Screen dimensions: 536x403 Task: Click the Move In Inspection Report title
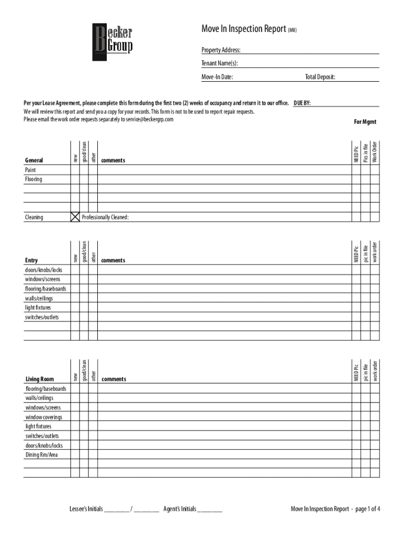[243, 29]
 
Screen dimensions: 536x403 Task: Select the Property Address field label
[221, 50]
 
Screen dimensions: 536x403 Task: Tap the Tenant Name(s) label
[219, 64]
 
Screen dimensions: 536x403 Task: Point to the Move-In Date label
[217, 77]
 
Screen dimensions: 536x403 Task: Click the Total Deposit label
[320, 77]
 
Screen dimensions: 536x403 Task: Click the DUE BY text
[303, 103]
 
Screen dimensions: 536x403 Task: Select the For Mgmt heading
[365, 122]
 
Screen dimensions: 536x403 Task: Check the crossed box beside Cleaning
[75, 217]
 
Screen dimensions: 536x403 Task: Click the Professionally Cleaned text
[105, 217]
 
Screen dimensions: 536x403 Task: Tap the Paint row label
[31, 170]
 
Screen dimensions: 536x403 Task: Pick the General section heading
[34, 160]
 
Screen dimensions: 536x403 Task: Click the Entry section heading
[31, 260]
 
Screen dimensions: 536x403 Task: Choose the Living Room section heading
[40, 379]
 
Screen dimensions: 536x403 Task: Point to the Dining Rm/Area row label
[41, 455]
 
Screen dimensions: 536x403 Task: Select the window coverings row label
[43, 417]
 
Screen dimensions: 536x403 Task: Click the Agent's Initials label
[180, 509]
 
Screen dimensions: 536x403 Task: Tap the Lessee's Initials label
[86, 509]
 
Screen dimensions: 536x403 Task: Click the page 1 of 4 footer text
[366, 509]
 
